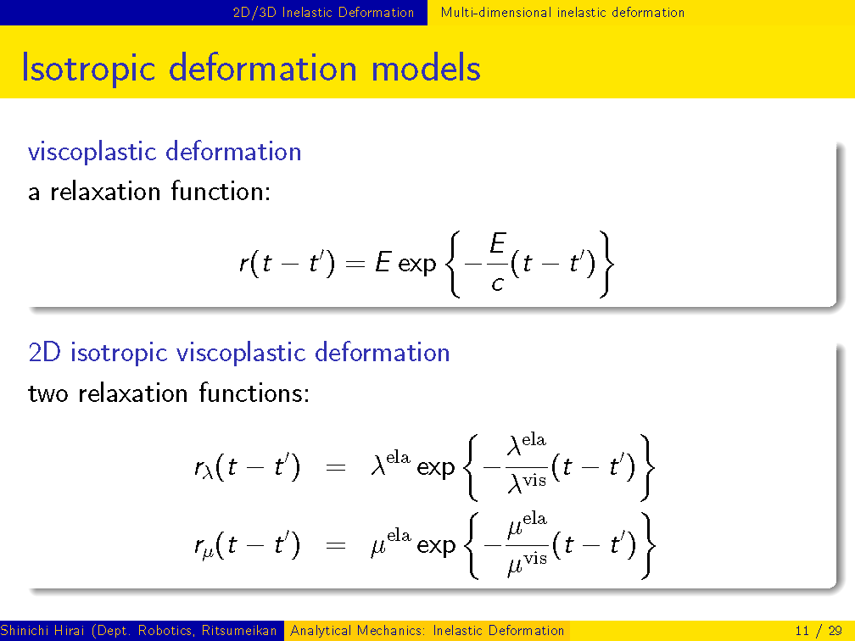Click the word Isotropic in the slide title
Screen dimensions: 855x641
pos(88,70)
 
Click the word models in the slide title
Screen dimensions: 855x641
pos(426,70)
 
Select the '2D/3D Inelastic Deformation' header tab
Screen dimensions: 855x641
pos(323,12)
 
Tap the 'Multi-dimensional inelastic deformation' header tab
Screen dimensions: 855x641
pos(562,12)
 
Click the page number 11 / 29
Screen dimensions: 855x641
pos(819,631)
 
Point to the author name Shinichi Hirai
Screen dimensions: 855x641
pos(42,631)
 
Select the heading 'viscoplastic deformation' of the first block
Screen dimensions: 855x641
pos(165,152)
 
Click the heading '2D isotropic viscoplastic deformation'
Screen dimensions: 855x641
pos(239,353)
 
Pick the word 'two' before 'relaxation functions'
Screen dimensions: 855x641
pos(48,393)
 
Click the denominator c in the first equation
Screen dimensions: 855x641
pos(497,284)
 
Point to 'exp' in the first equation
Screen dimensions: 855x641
pos(417,265)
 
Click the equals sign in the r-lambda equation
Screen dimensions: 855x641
pos(336,467)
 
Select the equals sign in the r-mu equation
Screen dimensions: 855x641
pos(336,545)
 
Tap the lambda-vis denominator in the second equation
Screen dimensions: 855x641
pos(527,482)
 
